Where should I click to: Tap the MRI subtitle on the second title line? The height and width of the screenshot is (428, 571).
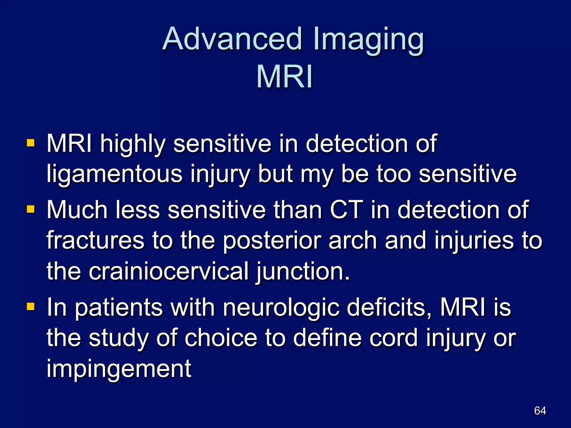click(x=284, y=77)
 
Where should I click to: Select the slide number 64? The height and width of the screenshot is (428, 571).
click(x=540, y=410)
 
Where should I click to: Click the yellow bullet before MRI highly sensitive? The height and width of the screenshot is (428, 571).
click(x=31, y=143)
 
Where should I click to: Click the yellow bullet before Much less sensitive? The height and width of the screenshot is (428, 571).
click(x=31, y=209)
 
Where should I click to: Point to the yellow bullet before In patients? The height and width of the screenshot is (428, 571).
click(x=31, y=307)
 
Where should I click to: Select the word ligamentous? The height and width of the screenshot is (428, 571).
click(x=114, y=174)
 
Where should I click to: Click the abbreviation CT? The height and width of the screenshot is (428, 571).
click(x=347, y=210)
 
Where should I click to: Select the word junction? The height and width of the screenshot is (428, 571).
click(x=303, y=272)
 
